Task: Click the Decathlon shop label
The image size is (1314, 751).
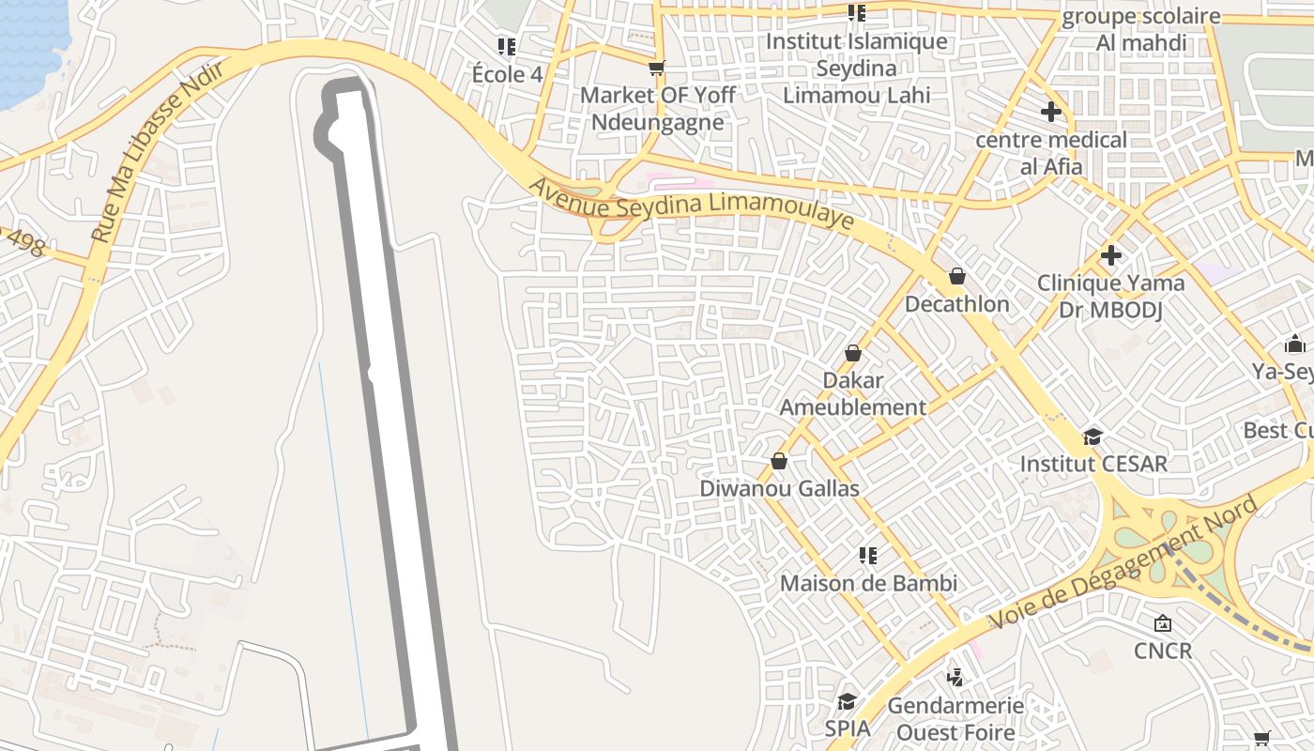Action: [x=956, y=304]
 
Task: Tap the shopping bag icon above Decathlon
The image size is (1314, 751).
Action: [x=957, y=276]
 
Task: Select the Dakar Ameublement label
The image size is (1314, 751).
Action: [x=852, y=394]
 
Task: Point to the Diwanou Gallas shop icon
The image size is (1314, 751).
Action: [x=779, y=461]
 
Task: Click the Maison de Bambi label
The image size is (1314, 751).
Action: [x=868, y=583]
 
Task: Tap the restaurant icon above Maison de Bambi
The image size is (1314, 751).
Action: [x=868, y=556]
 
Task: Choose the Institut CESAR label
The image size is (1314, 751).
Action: [x=1093, y=464]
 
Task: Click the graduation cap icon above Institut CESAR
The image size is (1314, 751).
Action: [x=1092, y=437]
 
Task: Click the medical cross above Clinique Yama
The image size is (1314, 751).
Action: [x=1111, y=255]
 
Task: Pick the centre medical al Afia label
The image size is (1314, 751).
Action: [x=1051, y=153]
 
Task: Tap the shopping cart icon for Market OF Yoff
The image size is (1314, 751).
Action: [x=657, y=68]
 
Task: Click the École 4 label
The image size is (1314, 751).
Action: [x=507, y=74]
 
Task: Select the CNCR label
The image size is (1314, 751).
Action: [x=1163, y=651]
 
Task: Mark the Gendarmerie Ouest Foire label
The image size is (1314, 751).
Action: [x=955, y=718]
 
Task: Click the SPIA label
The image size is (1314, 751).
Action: [x=848, y=728]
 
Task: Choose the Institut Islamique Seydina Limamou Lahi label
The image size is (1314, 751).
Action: [x=856, y=69]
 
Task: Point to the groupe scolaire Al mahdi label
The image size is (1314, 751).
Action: [x=1141, y=30]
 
